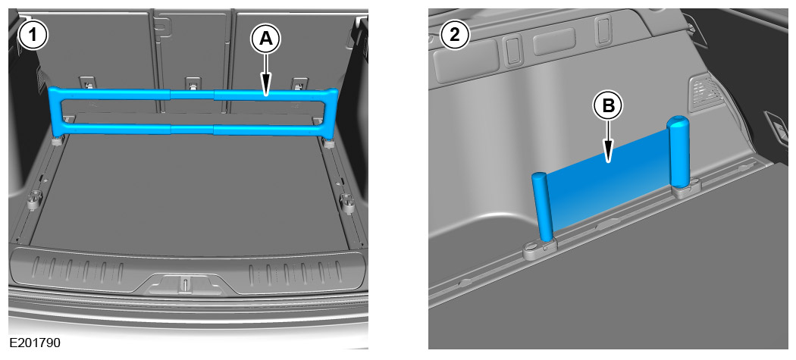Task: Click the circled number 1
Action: tap(33, 36)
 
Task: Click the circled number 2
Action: tap(455, 36)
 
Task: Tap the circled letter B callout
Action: tap(608, 106)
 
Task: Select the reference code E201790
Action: tap(35, 343)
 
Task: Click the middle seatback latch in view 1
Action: tap(193, 84)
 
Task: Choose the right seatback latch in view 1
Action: tap(300, 84)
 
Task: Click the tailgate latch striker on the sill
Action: tap(186, 284)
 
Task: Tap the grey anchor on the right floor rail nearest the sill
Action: tap(347, 202)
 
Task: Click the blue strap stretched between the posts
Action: tap(610, 181)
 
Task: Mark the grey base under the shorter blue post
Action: tap(541, 247)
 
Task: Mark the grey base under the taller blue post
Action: tap(686, 189)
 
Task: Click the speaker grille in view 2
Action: tap(706, 93)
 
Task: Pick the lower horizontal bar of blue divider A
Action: tap(193, 129)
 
